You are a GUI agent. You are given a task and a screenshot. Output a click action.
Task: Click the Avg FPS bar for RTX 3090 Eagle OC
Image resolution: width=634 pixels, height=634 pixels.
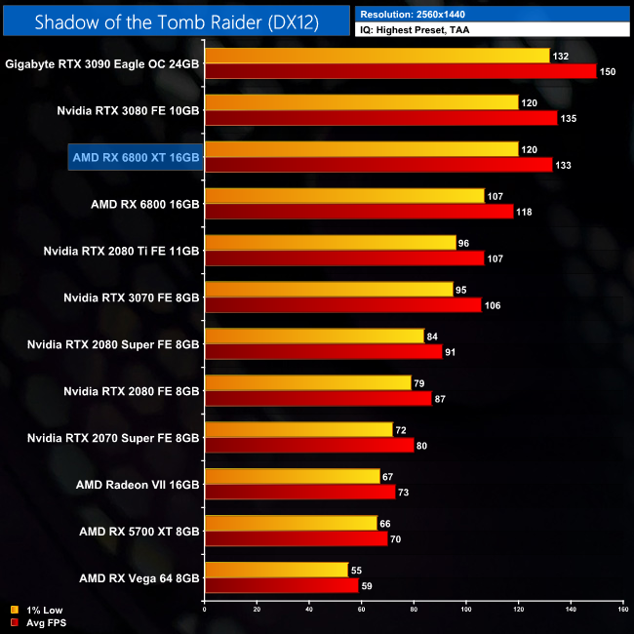(400, 71)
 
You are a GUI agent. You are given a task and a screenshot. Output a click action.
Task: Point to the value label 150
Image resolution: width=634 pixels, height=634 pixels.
(608, 71)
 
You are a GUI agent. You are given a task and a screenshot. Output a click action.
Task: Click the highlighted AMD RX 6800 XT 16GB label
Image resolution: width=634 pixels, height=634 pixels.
(136, 157)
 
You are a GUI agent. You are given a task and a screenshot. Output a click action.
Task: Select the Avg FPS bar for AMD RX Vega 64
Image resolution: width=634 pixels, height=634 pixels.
(281, 586)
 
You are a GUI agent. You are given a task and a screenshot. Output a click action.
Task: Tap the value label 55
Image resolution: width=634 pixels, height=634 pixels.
(358, 570)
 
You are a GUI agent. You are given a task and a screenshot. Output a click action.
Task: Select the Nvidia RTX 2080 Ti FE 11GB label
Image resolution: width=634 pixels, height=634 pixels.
(121, 251)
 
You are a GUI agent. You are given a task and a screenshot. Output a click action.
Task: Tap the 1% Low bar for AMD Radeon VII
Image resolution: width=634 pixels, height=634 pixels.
(292, 476)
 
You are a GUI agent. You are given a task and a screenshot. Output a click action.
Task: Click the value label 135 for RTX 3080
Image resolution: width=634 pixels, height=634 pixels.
(569, 118)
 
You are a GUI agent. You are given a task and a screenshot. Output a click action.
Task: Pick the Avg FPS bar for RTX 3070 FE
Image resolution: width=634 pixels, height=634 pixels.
(342, 305)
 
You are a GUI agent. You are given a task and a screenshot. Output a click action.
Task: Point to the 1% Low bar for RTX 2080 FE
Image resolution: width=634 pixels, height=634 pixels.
(307, 382)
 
